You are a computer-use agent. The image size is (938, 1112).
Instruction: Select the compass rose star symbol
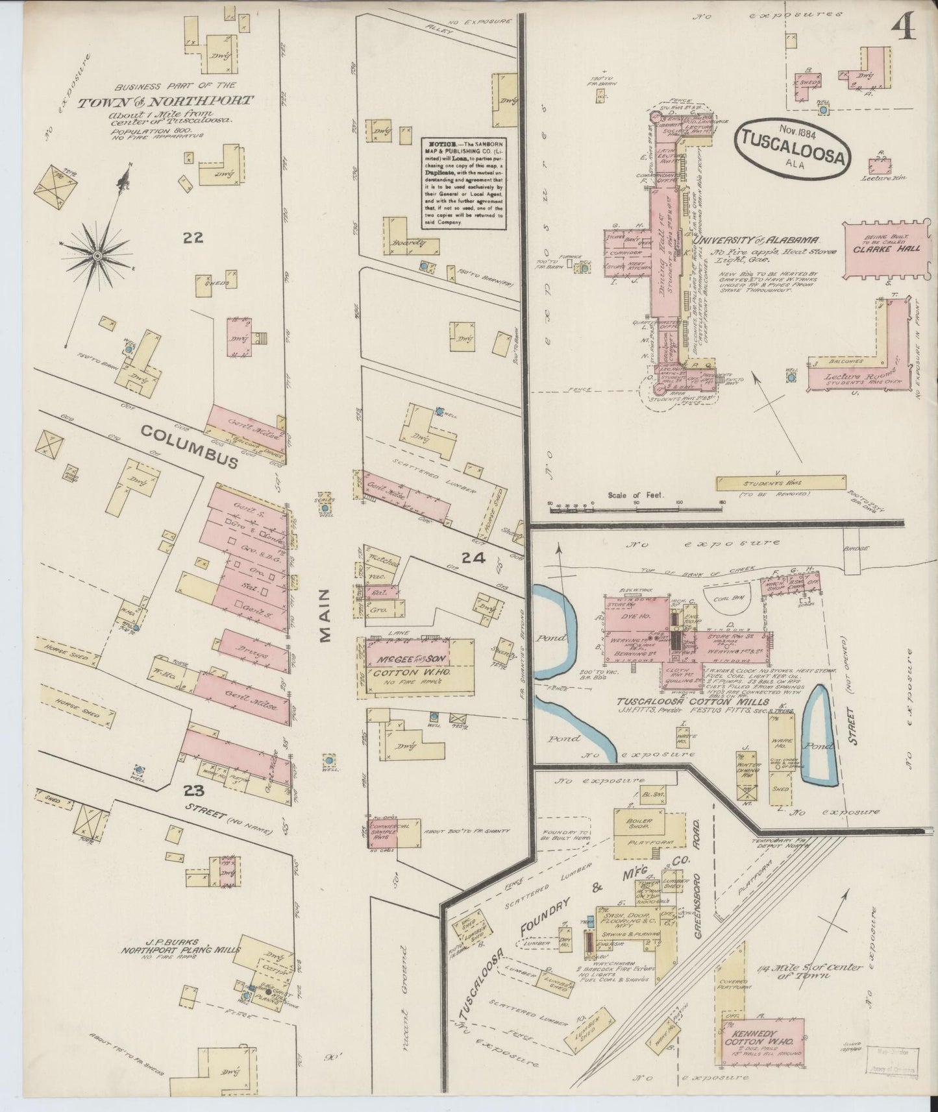[x=97, y=257]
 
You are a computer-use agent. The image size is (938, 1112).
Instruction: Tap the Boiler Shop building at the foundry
[x=639, y=825]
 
